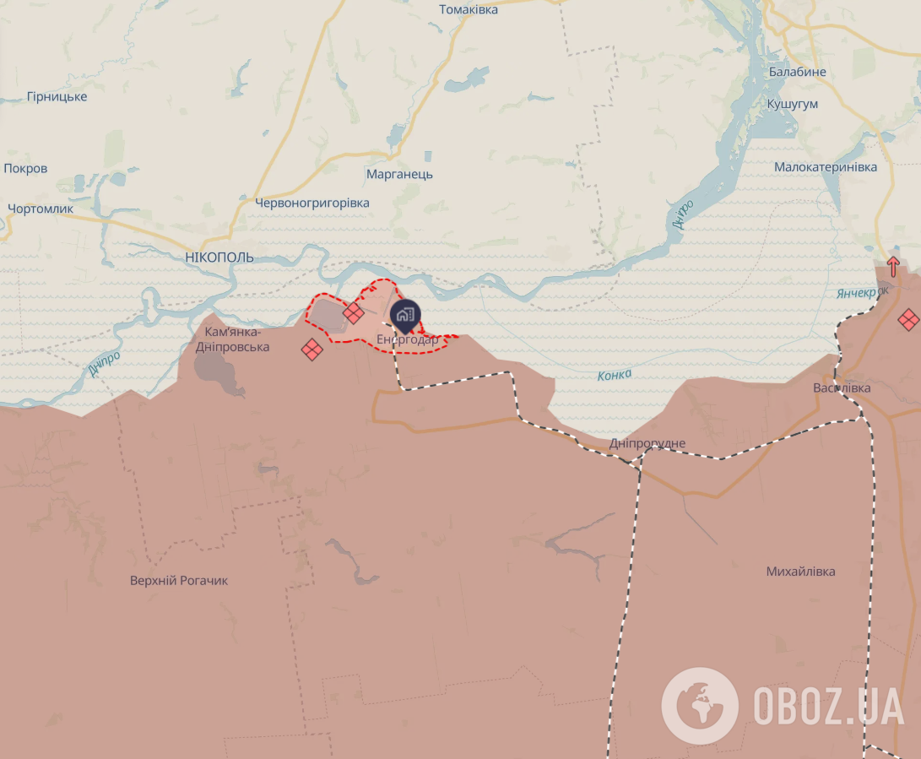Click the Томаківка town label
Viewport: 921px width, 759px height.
pyautogui.click(x=469, y=9)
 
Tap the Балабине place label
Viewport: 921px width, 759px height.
pyautogui.click(x=797, y=72)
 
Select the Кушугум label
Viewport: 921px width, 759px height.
pyautogui.click(x=792, y=104)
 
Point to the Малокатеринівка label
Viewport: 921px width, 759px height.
pyautogui.click(x=826, y=167)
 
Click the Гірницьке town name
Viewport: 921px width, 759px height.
pyautogui.click(x=57, y=97)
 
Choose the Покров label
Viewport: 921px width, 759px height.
pyautogui.click(x=25, y=168)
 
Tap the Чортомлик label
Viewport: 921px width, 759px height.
pyautogui.click(x=41, y=209)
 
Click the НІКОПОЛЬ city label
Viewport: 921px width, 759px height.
pyautogui.click(x=219, y=258)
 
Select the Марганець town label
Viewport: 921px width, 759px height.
pyautogui.click(x=399, y=174)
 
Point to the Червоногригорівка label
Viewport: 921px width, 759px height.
pyautogui.click(x=312, y=203)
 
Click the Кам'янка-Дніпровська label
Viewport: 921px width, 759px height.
pyautogui.click(x=232, y=339)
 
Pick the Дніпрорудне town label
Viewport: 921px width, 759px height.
pyautogui.click(x=647, y=443)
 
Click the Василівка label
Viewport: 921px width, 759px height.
pyautogui.click(x=842, y=388)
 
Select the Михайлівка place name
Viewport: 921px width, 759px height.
pyautogui.click(x=800, y=572)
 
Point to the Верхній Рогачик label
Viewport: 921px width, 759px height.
pyautogui.click(x=179, y=581)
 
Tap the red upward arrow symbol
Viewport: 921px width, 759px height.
pyautogui.click(x=893, y=266)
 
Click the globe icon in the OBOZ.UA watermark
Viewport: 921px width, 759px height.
pyautogui.click(x=699, y=705)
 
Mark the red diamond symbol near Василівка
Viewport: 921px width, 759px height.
pyautogui.click(x=908, y=319)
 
